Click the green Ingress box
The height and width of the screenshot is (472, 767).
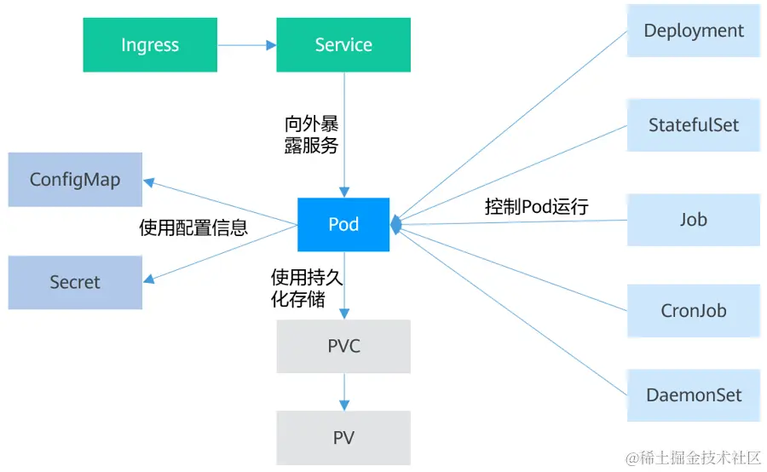[150, 45]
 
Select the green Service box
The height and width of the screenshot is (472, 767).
[343, 45]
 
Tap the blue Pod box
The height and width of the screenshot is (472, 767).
[343, 225]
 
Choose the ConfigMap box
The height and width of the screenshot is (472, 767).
[75, 180]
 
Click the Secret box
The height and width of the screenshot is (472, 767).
[75, 282]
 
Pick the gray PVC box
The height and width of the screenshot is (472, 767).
[343, 346]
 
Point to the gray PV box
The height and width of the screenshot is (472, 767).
[343, 438]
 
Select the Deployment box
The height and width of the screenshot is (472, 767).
[693, 31]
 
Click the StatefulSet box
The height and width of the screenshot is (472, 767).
[693, 125]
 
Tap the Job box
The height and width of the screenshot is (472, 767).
[693, 220]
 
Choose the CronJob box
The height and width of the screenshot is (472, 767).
[693, 310]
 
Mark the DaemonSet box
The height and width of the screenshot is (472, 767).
[693, 395]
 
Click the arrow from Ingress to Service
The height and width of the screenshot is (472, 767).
[247, 45]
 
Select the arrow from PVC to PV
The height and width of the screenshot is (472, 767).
[343, 392]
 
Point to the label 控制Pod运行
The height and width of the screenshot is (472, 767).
[537, 206]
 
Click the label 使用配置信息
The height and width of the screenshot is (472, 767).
[193, 227]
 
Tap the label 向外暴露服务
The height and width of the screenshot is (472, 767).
[311, 135]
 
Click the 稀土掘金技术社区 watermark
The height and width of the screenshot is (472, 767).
[694, 458]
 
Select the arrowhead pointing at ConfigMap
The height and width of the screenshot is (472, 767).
[149, 181]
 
